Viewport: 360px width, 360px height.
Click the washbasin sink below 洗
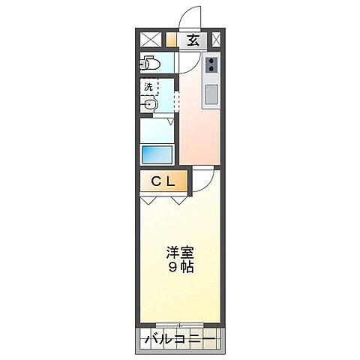(151, 105)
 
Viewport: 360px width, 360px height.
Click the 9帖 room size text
(180, 268)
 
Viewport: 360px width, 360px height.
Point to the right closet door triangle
(179, 200)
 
